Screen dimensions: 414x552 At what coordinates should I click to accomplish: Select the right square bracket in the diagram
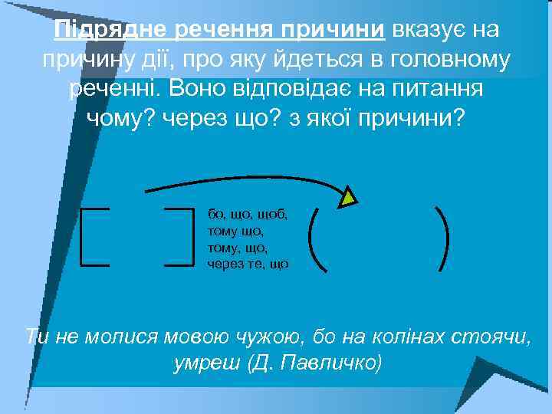184,237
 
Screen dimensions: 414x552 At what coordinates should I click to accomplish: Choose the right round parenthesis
442,238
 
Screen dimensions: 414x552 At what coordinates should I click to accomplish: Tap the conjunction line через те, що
248,264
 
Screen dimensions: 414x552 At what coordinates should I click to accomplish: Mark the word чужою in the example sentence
282,336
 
